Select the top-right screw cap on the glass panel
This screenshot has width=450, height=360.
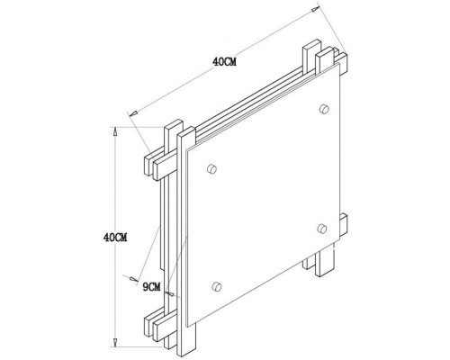(x=321, y=110)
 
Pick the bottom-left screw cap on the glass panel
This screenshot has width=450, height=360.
(x=214, y=286)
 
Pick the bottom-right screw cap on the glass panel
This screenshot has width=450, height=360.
(x=321, y=226)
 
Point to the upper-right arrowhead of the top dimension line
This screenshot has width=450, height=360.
(x=314, y=11)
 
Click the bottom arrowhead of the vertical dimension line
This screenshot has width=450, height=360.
(x=116, y=343)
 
